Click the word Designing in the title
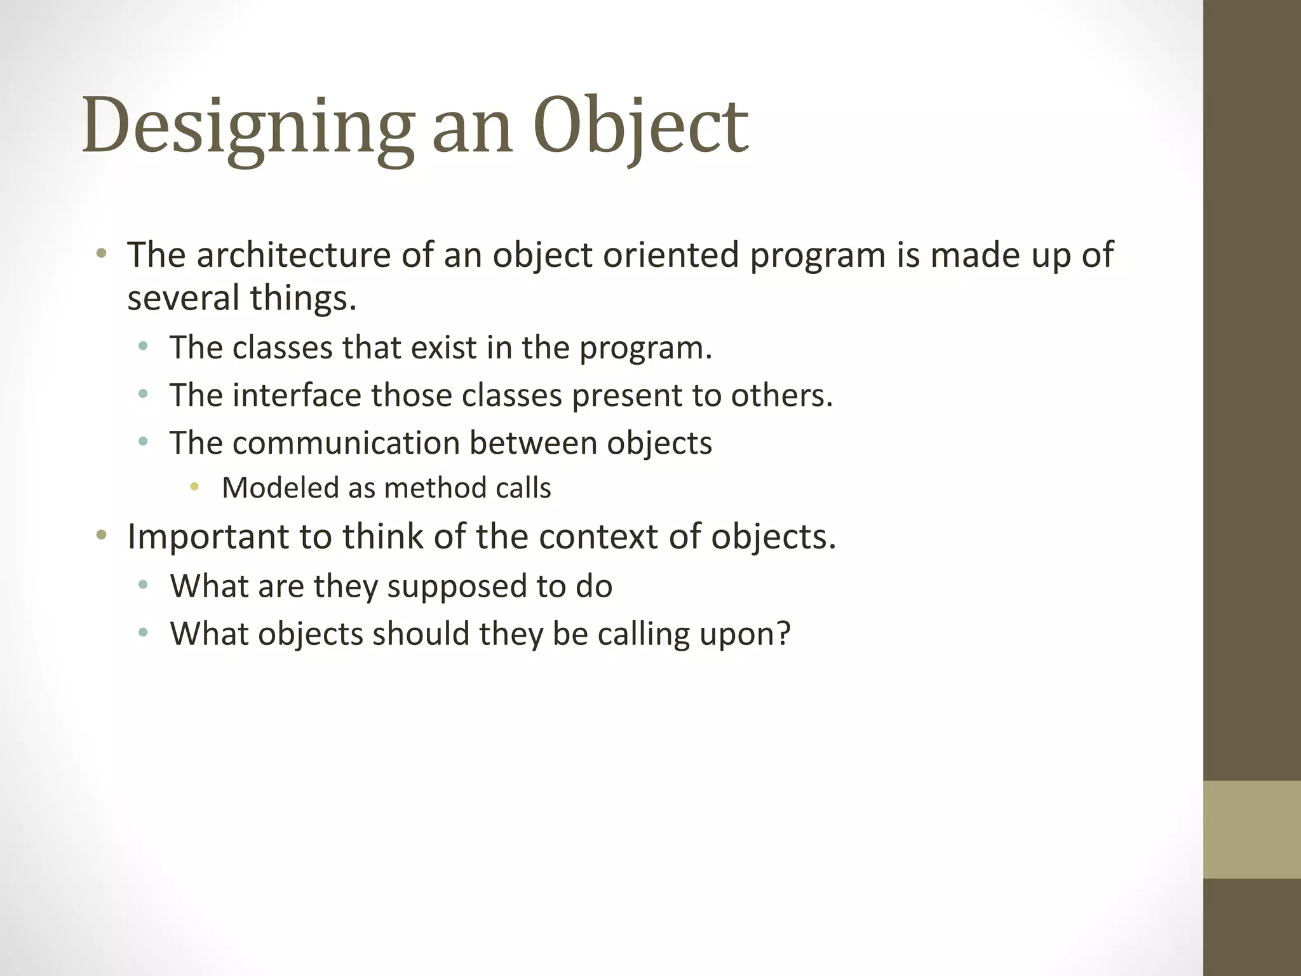click(248, 127)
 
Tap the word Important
click(208, 537)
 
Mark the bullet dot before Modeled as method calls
click(194, 487)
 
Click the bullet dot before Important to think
click(101, 535)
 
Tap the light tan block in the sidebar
click(1251, 829)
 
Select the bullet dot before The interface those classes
click(143, 394)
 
